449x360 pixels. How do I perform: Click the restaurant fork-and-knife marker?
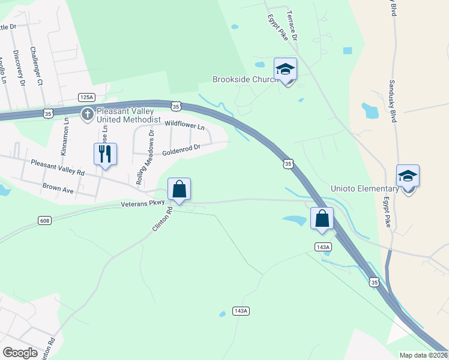(x=105, y=154)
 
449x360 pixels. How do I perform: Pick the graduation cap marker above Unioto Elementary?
(x=408, y=176)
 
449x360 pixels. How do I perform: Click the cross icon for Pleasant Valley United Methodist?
(x=87, y=113)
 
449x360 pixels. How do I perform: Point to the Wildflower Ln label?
(x=184, y=125)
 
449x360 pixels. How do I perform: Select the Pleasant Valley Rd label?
(x=58, y=167)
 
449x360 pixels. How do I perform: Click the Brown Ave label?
(x=58, y=188)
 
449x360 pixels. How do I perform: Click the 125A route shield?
(x=86, y=97)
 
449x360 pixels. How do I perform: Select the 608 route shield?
(x=44, y=220)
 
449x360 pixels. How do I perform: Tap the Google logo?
(x=20, y=353)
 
